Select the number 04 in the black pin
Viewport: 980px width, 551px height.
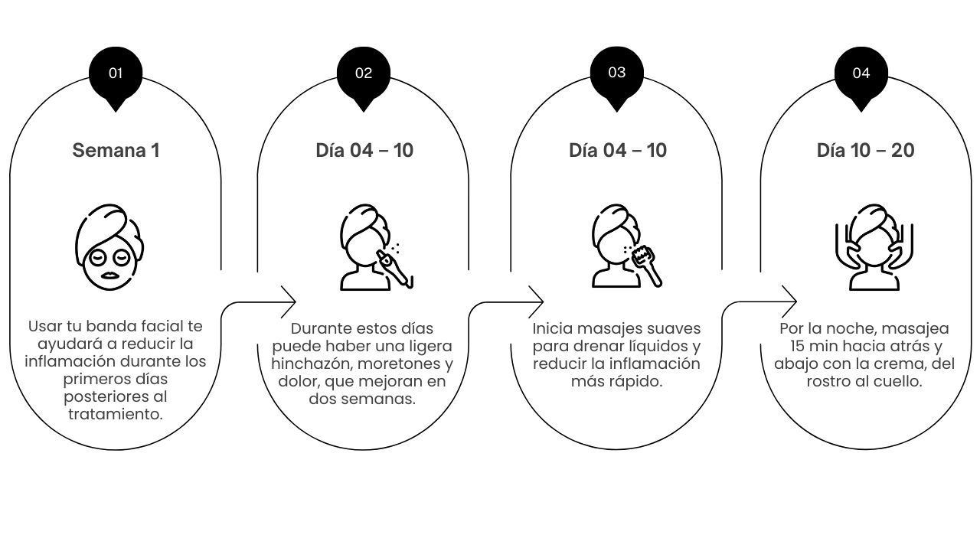(861, 73)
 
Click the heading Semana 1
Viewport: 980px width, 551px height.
(116, 151)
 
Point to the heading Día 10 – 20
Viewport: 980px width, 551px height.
(865, 151)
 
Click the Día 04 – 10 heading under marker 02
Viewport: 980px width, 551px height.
(364, 151)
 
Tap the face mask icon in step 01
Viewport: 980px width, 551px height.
(109, 247)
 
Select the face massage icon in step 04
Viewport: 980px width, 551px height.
(874, 247)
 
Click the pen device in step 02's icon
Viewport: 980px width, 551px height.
(394, 269)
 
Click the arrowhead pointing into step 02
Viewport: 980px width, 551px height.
(289, 302)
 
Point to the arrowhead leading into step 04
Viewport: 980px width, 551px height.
(789, 302)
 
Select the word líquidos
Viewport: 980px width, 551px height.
(658, 347)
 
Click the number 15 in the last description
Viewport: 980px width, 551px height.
(797, 346)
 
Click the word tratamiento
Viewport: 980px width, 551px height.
(116, 414)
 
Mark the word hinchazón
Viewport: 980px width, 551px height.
(312, 364)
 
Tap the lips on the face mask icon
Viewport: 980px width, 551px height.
(109, 275)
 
